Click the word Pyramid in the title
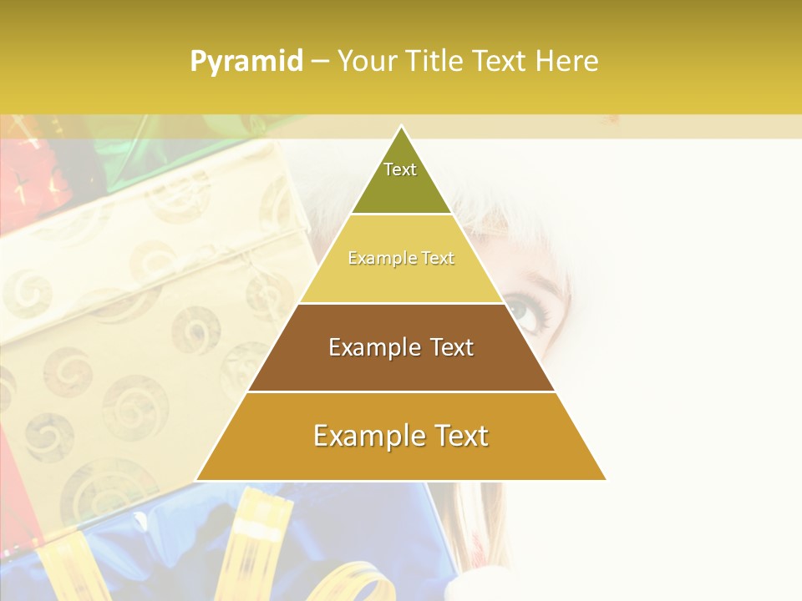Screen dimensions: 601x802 pyautogui.click(x=246, y=61)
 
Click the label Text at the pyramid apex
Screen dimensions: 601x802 pyautogui.click(x=400, y=169)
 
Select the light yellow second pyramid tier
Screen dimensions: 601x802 pyautogui.click(x=401, y=280)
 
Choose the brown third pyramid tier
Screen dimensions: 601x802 pyautogui.click(x=401, y=367)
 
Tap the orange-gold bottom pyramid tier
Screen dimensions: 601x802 pyautogui.click(x=401, y=459)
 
